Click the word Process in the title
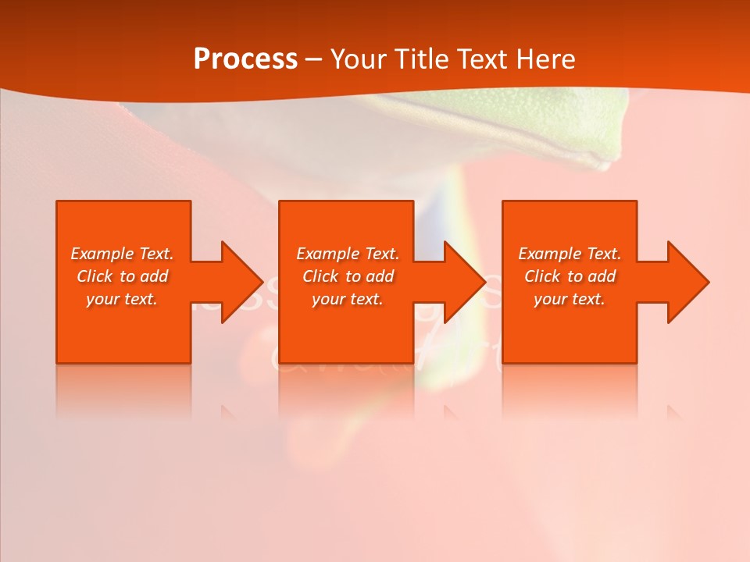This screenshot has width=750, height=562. [245, 59]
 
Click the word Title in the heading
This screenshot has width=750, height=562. [420, 59]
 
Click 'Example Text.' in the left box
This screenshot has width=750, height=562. [122, 254]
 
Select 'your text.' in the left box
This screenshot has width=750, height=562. [122, 299]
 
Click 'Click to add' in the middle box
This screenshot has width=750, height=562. [348, 276]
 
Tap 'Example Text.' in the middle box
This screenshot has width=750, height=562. [348, 254]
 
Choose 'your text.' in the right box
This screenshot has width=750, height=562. [570, 299]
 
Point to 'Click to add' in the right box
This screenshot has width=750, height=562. [570, 276]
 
